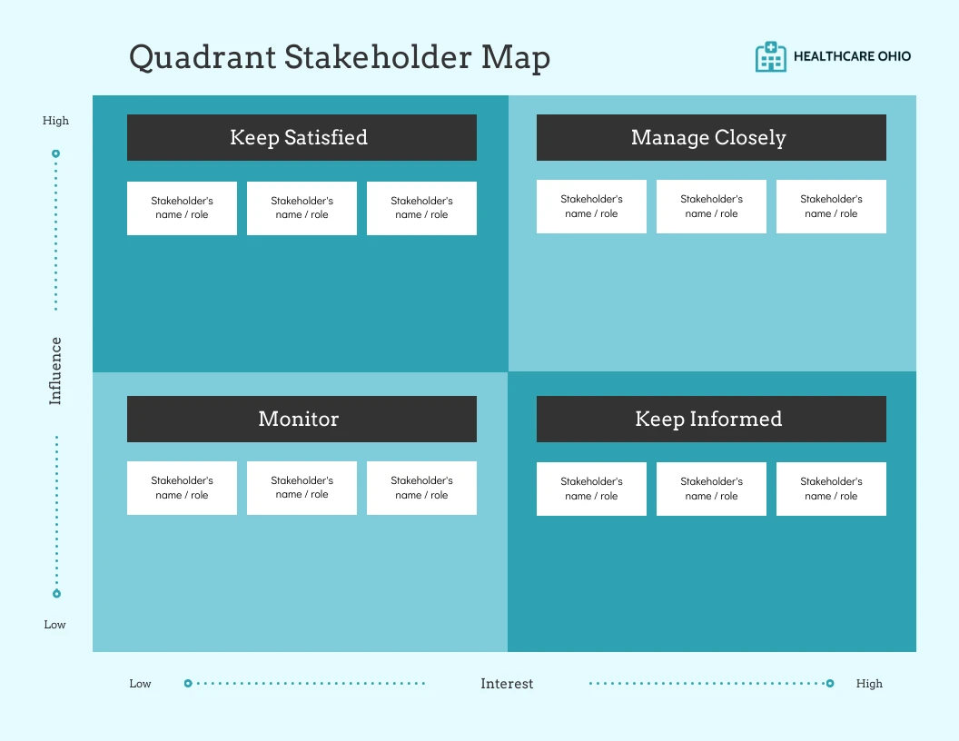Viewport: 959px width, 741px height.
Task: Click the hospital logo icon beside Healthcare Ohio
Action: [771, 56]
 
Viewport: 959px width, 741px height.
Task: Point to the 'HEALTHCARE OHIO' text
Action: [852, 56]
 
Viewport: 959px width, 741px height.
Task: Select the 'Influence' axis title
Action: [55, 370]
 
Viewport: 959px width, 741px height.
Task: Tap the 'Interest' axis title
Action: [507, 684]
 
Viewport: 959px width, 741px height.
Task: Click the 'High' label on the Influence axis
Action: [55, 121]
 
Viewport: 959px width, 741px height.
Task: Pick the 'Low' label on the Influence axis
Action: [55, 625]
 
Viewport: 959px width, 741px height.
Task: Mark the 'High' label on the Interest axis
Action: [869, 684]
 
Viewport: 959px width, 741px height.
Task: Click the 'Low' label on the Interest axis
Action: [140, 684]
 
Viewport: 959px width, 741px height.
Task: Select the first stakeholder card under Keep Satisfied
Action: [182, 208]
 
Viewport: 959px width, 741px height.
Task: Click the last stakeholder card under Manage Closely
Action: [831, 206]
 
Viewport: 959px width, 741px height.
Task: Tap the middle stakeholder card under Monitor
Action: [302, 488]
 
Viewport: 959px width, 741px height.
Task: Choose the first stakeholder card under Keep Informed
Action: [591, 489]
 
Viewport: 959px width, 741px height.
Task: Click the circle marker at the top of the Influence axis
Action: [56, 153]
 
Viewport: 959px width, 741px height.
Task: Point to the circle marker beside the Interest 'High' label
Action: [830, 684]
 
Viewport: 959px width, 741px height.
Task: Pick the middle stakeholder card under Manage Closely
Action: [711, 206]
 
